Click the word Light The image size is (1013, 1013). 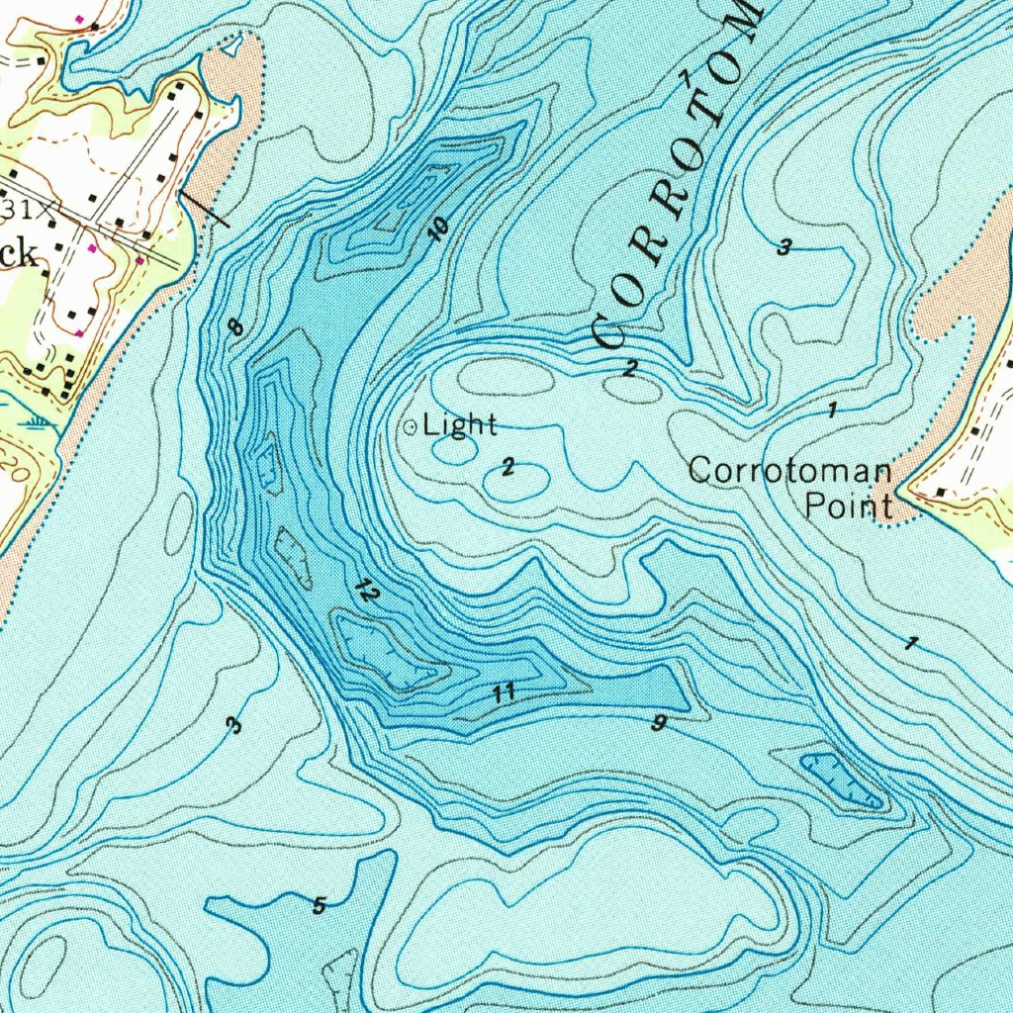tap(460, 426)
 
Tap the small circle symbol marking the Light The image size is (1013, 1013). tap(410, 427)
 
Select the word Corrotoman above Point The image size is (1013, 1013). tap(789, 470)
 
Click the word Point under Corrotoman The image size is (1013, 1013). tap(848, 506)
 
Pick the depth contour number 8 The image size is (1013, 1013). tap(234, 326)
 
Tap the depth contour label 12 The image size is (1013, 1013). tap(366, 592)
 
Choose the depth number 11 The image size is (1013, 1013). tap(505, 692)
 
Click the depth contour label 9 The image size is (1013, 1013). tap(658, 723)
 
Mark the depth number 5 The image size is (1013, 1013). tap(319, 905)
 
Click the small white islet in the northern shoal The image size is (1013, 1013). tap(230, 45)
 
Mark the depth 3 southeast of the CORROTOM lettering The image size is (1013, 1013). tap(783, 247)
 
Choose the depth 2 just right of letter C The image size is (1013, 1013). tap(630, 369)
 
